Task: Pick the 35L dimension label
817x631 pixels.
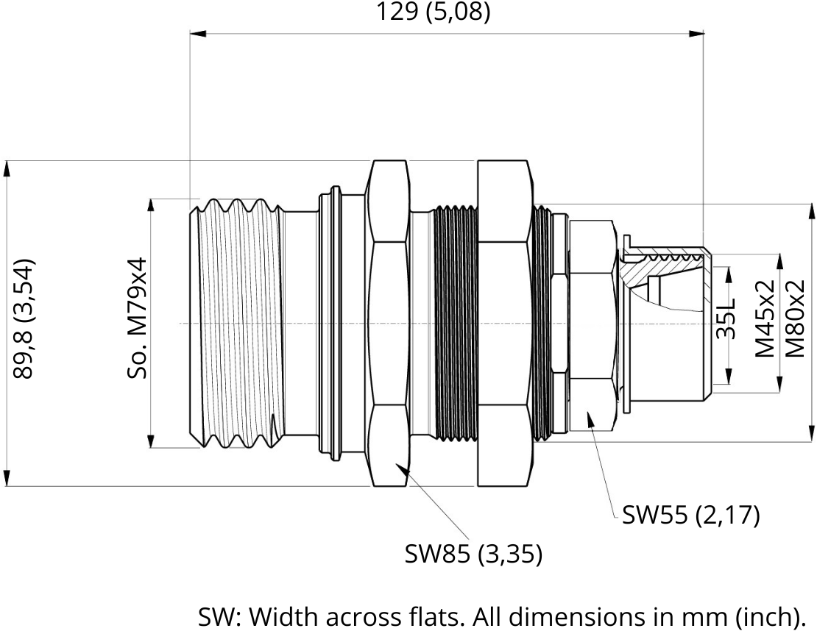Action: (725, 318)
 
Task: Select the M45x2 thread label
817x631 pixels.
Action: (765, 318)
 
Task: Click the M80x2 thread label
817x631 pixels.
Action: (795, 318)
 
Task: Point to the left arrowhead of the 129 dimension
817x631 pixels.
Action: (198, 34)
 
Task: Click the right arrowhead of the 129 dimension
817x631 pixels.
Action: (696, 34)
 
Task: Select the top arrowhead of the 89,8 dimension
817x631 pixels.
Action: (7, 169)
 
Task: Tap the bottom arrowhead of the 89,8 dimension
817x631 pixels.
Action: (7, 478)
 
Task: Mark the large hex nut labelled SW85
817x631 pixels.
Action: (389, 324)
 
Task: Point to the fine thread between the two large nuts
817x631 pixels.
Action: (455, 324)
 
